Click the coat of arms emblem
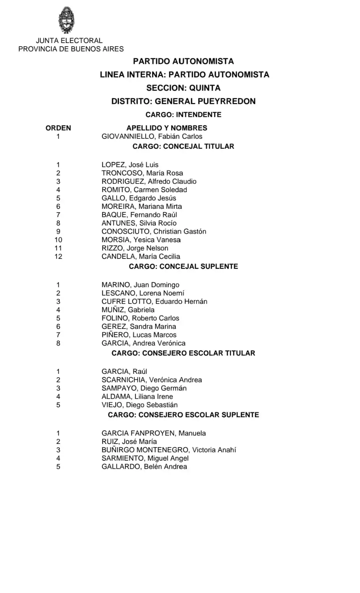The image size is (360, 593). click(x=67, y=20)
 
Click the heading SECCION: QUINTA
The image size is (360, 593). click(x=183, y=88)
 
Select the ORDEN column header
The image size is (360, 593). click(x=58, y=128)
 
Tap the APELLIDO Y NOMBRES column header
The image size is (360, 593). click(x=167, y=128)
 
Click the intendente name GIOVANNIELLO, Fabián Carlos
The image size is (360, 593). click(x=152, y=136)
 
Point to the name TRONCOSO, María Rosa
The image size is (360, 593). click(x=142, y=173)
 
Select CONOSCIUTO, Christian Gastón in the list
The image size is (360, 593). click(x=154, y=231)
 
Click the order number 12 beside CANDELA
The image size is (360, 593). click(x=58, y=257)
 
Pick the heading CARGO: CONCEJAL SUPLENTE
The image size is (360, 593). click(x=183, y=266)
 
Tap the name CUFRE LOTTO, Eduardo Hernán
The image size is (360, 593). click(x=154, y=302)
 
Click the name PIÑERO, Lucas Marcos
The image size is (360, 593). click(x=139, y=335)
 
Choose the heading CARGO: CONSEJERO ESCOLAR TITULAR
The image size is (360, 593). click(x=183, y=353)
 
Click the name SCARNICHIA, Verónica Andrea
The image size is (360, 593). click(x=152, y=380)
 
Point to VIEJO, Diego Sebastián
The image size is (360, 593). click(x=139, y=405)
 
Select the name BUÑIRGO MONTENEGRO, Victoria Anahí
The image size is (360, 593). click(x=169, y=450)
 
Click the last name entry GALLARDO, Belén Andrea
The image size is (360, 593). click(x=144, y=467)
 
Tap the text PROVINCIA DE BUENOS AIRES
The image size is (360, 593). click(x=71, y=49)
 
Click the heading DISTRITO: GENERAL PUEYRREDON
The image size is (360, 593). click(x=183, y=101)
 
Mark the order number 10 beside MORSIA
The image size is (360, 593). click(x=58, y=240)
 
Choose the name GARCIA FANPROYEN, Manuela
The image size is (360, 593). click(x=153, y=433)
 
